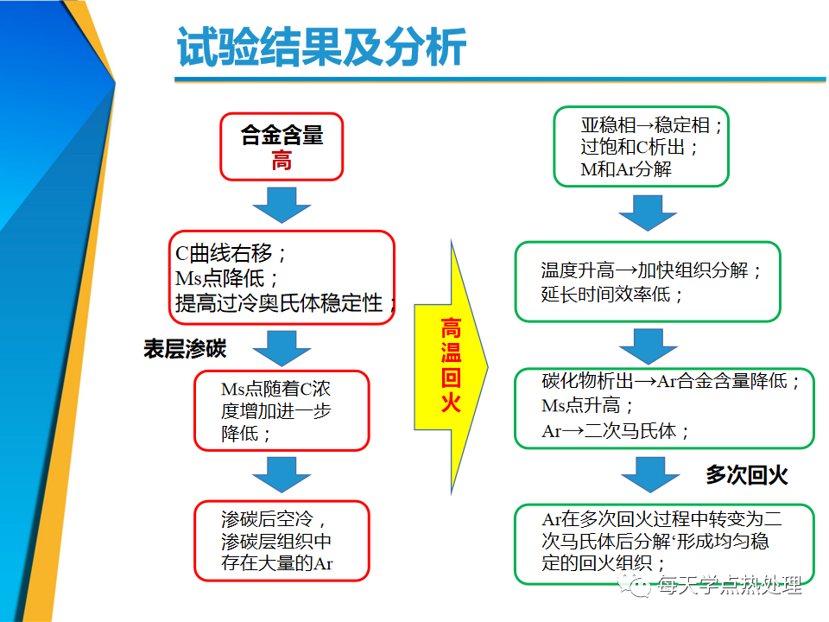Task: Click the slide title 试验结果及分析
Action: pyautogui.click(x=321, y=47)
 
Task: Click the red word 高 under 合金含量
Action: pyautogui.click(x=282, y=161)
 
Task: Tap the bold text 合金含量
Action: pyautogui.click(x=282, y=135)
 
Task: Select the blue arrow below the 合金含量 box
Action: pyautogui.click(x=282, y=205)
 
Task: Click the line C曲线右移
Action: pyautogui.click(x=231, y=253)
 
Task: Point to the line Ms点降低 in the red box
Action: pyautogui.click(x=227, y=278)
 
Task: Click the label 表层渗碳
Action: pyautogui.click(x=185, y=349)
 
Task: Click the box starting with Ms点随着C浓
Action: pyautogui.click(x=282, y=411)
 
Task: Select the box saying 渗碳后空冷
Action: pyautogui.click(x=282, y=541)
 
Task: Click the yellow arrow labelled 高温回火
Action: pyautogui.click(x=451, y=366)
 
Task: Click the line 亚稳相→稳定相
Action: pyautogui.click(x=651, y=125)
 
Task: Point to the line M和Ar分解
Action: pyautogui.click(x=626, y=169)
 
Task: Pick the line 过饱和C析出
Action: pyautogui.click(x=640, y=147)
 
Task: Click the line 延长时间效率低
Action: pyautogui.click(x=612, y=294)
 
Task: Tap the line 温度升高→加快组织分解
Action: pyautogui.click(x=651, y=270)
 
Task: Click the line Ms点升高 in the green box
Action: pyautogui.click(x=588, y=406)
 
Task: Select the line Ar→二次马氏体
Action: pyautogui.click(x=616, y=431)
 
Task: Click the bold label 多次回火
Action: pyautogui.click(x=746, y=475)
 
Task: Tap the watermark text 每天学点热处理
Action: pyautogui.click(x=730, y=585)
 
